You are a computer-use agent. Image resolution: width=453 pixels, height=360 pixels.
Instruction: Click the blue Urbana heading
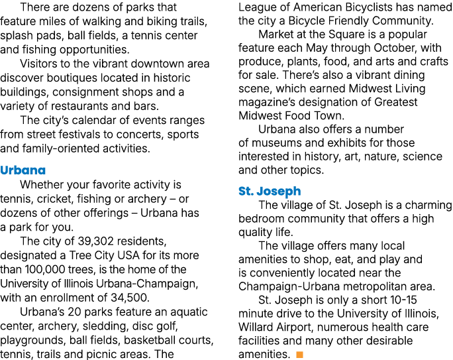pyautogui.click(x=23, y=170)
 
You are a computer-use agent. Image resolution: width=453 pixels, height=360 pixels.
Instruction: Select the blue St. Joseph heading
pyautogui.click(x=270, y=191)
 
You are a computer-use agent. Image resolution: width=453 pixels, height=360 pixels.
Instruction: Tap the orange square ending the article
pyautogui.click(x=299, y=355)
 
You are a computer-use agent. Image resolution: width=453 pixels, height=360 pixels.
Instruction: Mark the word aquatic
pyautogui.click(x=189, y=312)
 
